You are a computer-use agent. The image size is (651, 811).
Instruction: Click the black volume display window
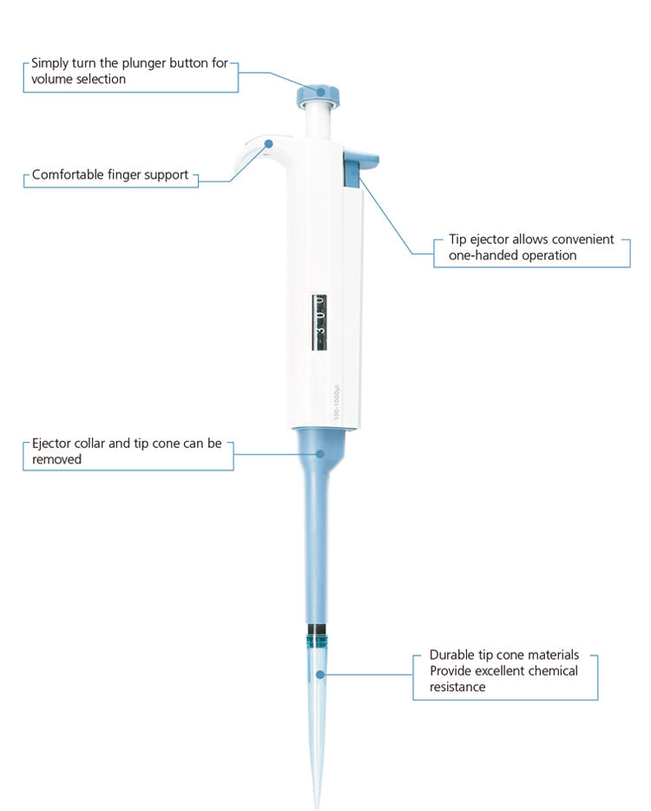pyautogui.click(x=319, y=322)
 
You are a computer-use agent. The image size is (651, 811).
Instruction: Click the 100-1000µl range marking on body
pyautogui.click(x=336, y=401)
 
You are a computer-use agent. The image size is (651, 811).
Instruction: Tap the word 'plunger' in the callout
pyautogui.click(x=144, y=63)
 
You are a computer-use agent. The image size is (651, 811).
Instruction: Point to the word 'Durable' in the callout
pyautogui.click(x=452, y=655)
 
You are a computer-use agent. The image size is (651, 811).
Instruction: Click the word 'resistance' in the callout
pyautogui.click(x=457, y=687)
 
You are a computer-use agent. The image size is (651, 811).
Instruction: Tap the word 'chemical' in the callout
pyautogui.click(x=549, y=671)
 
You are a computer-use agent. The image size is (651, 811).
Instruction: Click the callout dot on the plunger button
pyautogui.click(x=321, y=92)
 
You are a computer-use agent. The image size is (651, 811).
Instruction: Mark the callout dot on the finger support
pyautogui.click(x=268, y=142)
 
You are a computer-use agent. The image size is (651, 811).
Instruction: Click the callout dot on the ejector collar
pyautogui.click(x=320, y=453)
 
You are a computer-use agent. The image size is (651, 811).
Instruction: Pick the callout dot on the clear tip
pyautogui.click(x=320, y=675)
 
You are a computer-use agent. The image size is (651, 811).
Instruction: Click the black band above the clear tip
pyautogui.click(x=318, y=630)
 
